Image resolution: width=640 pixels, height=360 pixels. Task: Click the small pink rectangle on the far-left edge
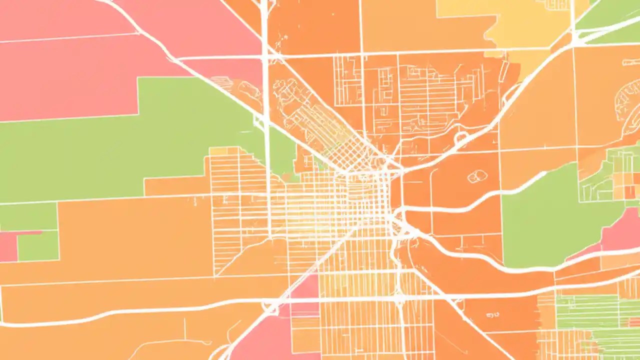point(8,246)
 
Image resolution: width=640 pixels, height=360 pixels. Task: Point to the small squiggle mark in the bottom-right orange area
point(492,315)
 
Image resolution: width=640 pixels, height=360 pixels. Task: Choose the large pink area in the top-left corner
point(65,55)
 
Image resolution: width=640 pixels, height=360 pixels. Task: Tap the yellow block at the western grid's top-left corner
point(218,151)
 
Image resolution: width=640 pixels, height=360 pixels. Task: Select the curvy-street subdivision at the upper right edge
point(628,105)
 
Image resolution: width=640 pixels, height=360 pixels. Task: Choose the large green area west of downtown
point(125,145)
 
